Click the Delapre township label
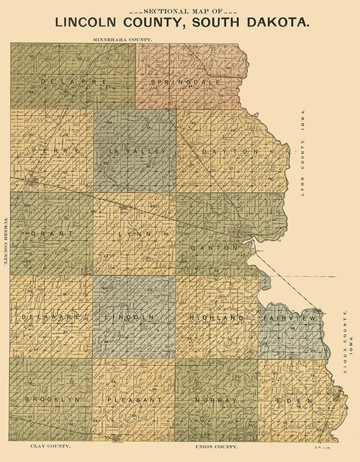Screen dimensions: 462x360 coord(73,82)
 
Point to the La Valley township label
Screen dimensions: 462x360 coord(136,151)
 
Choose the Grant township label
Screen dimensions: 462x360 coord(54,235)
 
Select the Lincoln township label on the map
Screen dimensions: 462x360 coord(130,317)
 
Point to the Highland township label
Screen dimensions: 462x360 coord(214,317)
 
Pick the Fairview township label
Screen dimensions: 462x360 coord(289,317)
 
